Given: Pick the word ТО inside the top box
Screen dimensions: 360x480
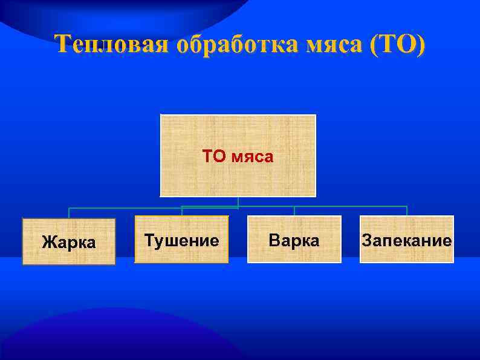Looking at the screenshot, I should [213, 157].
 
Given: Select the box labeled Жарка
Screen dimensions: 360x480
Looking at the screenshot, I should [69, 242].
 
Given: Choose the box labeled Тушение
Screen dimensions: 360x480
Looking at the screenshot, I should [181, 240].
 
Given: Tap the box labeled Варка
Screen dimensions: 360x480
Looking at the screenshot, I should [294, 240].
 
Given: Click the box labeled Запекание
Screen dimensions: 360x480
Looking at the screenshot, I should [406, 240].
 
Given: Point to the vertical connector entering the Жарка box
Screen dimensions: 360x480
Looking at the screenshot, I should [69, 212].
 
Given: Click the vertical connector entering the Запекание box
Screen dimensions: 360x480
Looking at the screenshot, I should [406, 211].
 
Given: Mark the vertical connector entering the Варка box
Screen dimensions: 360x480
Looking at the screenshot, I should [294, 211].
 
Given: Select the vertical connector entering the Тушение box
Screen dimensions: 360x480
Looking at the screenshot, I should [182, 211].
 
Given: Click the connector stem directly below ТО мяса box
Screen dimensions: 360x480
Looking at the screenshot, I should [238, 201].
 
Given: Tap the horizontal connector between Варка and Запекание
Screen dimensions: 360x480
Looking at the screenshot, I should [351, 206].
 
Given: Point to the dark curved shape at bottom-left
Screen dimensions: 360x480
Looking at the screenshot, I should [91, 339].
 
